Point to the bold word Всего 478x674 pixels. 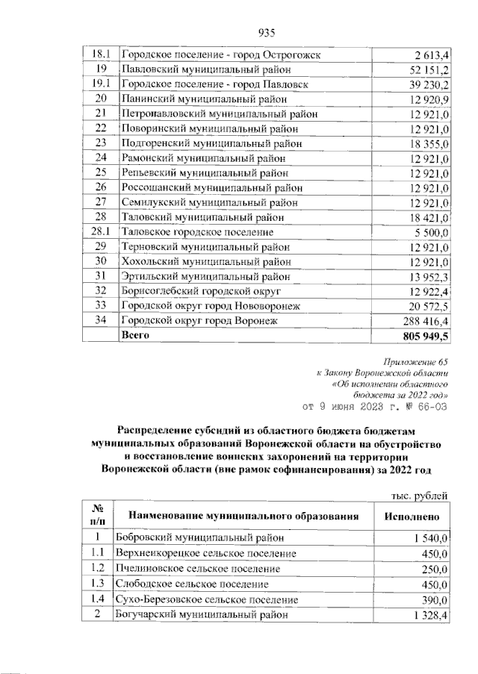136,336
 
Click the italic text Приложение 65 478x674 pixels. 415,361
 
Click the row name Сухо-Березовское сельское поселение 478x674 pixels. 206,599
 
